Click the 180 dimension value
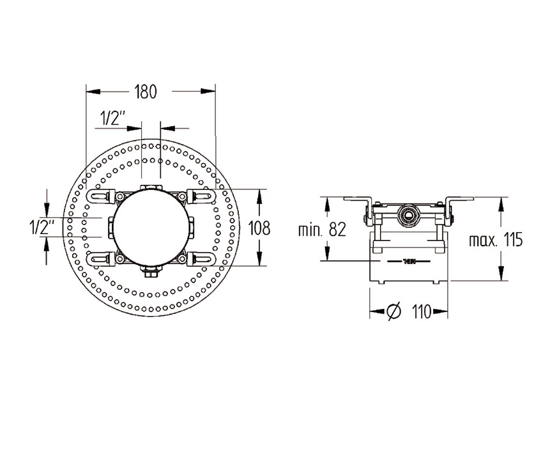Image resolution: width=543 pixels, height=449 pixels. [145, 91]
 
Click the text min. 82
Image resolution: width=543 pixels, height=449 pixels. [322, 230]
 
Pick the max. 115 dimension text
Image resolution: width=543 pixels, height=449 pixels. [496, 240]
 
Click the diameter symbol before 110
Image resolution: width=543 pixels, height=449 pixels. [394, 312]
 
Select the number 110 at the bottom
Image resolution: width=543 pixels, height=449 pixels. [420, 312]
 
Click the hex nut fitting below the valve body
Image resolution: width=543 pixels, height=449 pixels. [151, 272]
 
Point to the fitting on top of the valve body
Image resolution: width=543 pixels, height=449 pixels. [151, 188]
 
